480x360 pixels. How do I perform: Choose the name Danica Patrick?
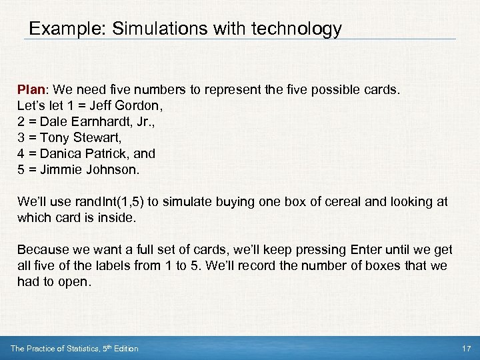click(85, 153)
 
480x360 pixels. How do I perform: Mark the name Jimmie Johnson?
click(90, 169)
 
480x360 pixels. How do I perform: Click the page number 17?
click(466, 349)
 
